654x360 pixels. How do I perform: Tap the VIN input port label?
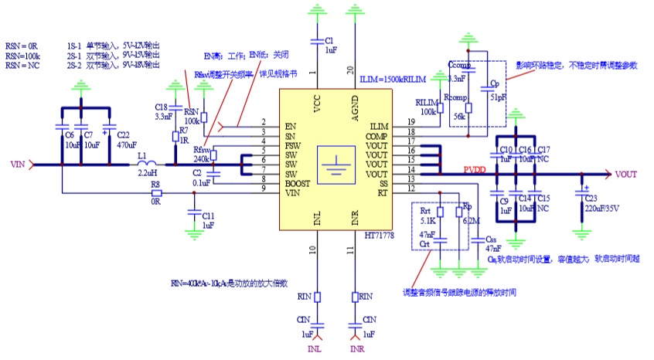click(x=19, y=165)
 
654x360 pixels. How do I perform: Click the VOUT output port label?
click(x=626, y=175)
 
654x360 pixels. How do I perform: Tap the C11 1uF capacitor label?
click(x=208, y=219)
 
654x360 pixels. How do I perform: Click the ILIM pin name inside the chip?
click(x=379, y=126)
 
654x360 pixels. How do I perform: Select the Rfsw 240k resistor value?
click(x=203, y=159)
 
